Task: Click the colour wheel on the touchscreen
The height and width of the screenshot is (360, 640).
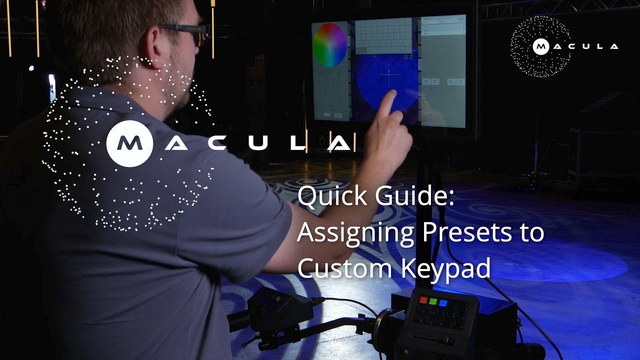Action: click(329, 45)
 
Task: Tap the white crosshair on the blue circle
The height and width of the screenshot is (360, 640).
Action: click(387, 77)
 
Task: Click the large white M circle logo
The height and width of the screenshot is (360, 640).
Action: click(129, 143)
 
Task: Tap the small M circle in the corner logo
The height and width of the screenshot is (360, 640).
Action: click(540, 46)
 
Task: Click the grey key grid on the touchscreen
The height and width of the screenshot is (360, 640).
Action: click(383, 35)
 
